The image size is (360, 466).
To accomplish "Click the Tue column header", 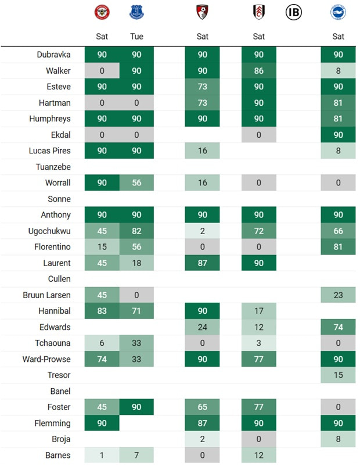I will point(136,36).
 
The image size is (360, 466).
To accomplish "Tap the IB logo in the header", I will point(294,12).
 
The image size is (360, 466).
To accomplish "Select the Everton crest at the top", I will point(136,12).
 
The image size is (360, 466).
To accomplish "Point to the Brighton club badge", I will point(338,12).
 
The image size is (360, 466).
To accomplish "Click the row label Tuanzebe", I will point(53,167).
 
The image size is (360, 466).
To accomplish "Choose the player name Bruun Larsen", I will point(46,295).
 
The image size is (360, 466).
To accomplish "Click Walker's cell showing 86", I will point(258,71).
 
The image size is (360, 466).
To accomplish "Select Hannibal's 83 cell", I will point(102,311).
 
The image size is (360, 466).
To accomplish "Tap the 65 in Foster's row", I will point(202,407).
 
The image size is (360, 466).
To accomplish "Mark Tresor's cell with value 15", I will point(338,375).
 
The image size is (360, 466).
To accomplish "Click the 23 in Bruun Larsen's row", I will point(338,295).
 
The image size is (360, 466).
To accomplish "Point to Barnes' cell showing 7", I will point(136,456).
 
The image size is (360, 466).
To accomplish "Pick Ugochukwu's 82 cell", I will point(136,231).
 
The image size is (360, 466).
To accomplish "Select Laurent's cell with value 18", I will point(136,263).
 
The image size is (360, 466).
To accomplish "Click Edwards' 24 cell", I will point(202,327).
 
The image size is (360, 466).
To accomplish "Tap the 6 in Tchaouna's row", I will point(102,343).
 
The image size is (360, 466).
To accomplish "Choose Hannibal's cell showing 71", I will point(136,311).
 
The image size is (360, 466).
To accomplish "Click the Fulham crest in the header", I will point(258,12).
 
